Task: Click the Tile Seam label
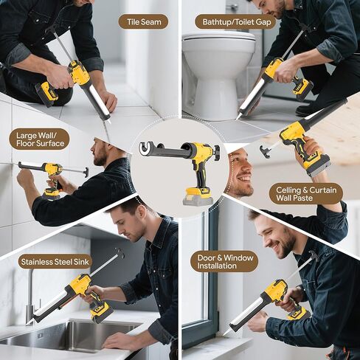point(143,21)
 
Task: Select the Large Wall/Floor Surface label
point(39,139)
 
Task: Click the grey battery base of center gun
point(198,198)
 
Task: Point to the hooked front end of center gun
point(146,149)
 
